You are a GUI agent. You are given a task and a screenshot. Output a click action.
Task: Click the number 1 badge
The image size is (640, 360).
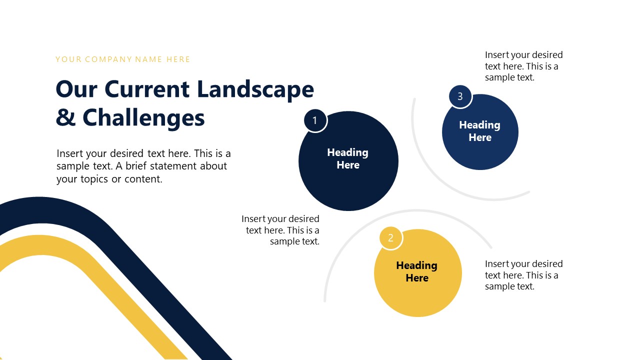coord(315,120)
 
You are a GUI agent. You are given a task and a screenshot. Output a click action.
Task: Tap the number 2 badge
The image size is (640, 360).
coord(391,238)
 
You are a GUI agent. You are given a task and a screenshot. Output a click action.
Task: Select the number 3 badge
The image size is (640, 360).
coord(460,96)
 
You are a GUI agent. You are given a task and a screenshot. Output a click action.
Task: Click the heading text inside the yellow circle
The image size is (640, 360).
coord(417,271)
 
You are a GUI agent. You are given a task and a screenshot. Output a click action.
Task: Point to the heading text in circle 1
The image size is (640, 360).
coord(348,158)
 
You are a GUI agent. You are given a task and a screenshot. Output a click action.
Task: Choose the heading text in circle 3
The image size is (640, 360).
coord(480,131)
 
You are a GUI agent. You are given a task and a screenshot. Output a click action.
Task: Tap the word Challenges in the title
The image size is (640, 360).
coord(143,118)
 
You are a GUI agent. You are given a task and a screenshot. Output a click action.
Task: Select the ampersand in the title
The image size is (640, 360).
coord(65,118)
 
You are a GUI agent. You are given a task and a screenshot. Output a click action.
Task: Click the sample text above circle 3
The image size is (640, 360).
coord(523,66)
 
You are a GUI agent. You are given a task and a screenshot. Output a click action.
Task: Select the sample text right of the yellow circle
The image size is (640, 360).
coord(523,275)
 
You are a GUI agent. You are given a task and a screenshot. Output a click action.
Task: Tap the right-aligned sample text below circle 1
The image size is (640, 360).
coord(281,230)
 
